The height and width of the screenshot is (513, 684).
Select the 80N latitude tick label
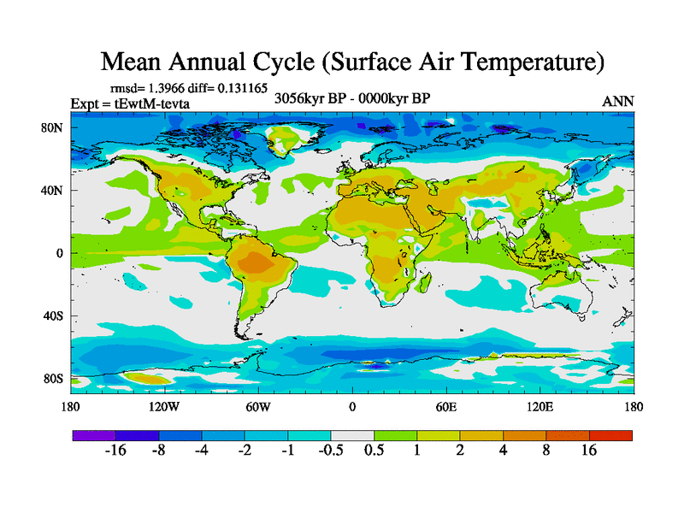53,128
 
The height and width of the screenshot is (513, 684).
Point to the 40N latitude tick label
53,191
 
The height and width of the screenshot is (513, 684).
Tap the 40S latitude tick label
53,316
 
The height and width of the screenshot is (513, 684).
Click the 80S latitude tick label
53,379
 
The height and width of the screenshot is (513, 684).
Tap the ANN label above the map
618,101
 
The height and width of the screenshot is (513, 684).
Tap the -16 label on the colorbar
115,451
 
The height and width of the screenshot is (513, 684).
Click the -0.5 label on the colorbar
330,451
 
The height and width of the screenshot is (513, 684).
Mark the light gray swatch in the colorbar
352,435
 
